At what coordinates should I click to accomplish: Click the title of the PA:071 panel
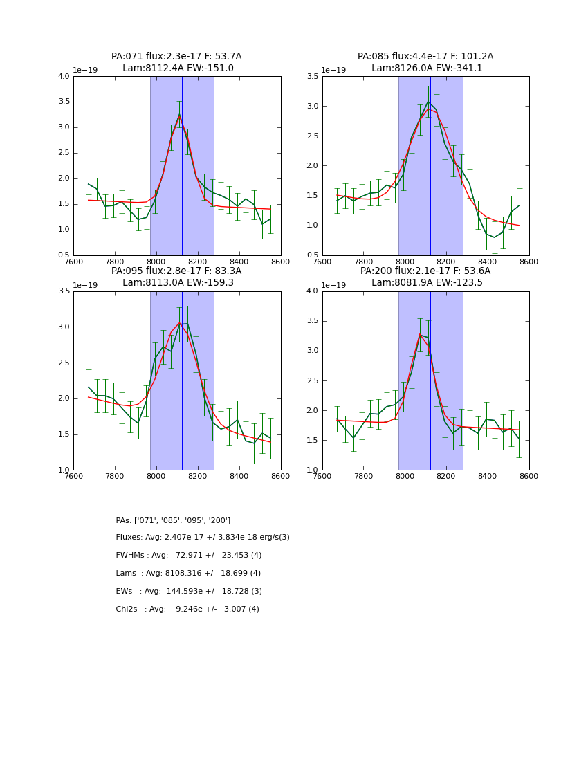[176, 62]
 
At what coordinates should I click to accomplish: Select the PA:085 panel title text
[425, 62]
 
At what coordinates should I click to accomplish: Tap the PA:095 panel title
[176, 277]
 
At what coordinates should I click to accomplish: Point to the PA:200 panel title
[425, 277]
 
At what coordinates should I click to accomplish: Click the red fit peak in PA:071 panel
[179, 116]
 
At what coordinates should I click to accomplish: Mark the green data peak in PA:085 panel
[428, 101]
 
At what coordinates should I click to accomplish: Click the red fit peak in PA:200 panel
[420, 334]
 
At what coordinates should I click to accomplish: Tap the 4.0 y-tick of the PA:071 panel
[64, 77]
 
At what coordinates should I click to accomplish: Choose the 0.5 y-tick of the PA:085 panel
[313, 255]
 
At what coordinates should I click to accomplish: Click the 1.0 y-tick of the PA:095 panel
[64, 470]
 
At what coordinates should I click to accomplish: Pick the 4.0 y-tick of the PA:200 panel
[313, 291]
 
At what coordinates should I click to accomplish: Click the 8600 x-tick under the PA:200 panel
[529, 477]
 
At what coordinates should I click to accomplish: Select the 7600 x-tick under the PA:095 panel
[73, 477]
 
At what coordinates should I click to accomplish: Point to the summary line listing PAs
[173, 520]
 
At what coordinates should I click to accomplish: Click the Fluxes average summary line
[203, 538]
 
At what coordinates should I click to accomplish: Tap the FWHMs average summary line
[189, 556]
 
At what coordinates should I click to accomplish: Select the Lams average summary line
[188, 574]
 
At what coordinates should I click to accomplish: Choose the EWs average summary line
[189, 592]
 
